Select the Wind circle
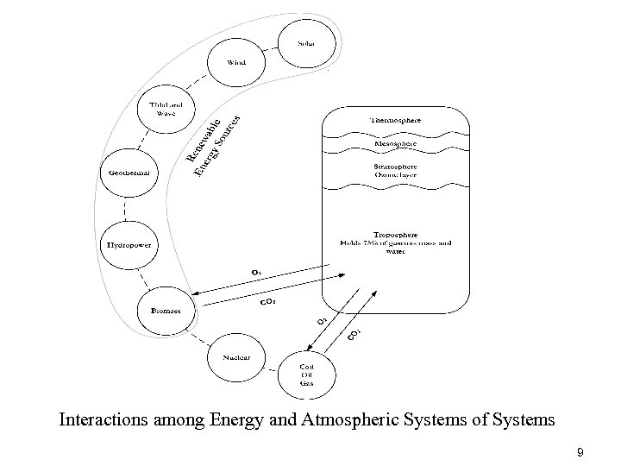pos(236,62)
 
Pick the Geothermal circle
pos(129,172)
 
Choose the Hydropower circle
pos(129,245)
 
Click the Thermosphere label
pos(395,120)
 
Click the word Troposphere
pos(396,234)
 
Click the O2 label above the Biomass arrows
pos(257,272)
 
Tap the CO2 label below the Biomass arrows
pos(268,303)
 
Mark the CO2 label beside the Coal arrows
pos(354,335)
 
